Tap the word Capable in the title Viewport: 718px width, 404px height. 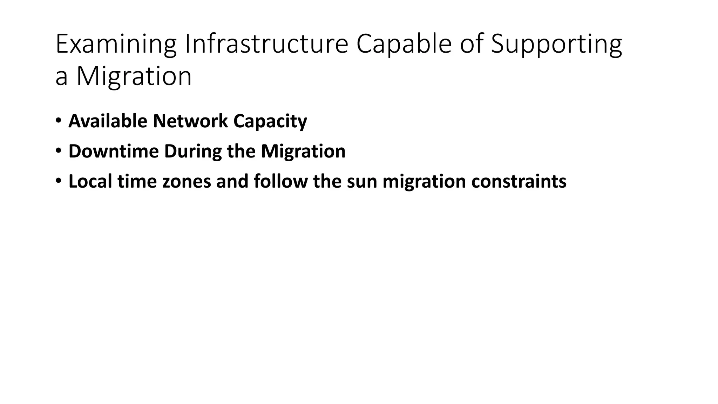pos(404,44)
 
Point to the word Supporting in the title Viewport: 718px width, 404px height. pos(556,44)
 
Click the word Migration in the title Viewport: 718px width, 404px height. pos(134,76)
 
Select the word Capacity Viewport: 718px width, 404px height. pos(270,121)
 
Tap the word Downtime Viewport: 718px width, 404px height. pos(114,151)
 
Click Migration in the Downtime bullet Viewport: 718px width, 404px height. pos(303,151)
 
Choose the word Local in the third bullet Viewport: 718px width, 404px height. pos(90,181)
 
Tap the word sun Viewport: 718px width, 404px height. pos(362,181)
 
